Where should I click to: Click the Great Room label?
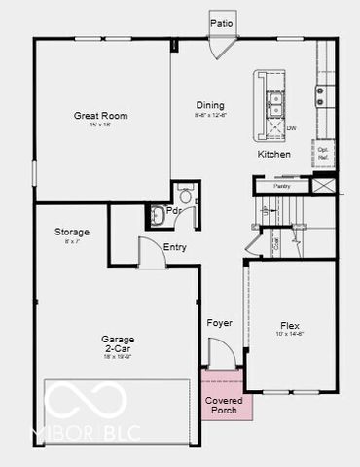pos(101,116)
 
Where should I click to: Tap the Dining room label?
pos(209,105)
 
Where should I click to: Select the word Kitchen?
pos(274,155)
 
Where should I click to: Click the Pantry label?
pos(282,185)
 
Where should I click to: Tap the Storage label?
pos(72,232)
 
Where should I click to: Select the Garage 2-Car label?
pos(118,343)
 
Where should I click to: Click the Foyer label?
pos(219,322)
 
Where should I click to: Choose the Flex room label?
pos(290,327)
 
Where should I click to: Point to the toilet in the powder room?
pos(159,215)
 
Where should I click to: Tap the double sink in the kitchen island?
pos(276,98)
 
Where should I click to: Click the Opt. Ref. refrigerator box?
pos(323,153)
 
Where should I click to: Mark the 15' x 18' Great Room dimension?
pos(101,126)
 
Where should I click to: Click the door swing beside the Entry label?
pos(150,254)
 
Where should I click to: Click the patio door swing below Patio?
pos(224,47)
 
